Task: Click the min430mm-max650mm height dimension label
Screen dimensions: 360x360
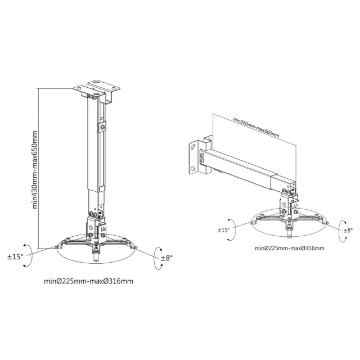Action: click(35, 170)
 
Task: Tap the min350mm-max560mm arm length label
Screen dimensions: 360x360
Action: click(256, 128)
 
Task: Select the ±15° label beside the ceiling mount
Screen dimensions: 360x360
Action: click(15, 256)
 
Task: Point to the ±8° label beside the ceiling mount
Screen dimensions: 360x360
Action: click(166, 258)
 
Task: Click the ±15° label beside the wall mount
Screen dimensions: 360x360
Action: click(224, 230)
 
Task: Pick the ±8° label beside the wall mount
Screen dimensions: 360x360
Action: click(348, 230)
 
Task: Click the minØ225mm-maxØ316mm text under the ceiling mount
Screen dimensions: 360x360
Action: click(89, 281)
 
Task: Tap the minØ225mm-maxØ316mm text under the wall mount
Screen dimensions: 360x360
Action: click(290, 248)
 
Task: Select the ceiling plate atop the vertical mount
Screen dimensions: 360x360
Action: click(97, 88)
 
